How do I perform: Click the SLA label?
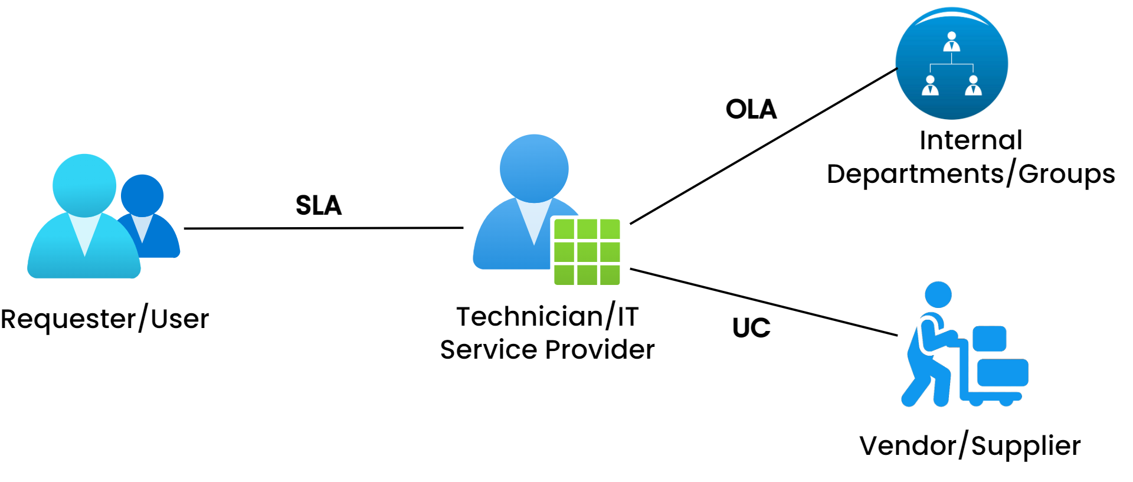pyautogui.click(x=319, y=205)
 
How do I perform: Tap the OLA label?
pyautogui.click(x=751, y=109)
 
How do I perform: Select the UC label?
pyautogui.click(x=751, y=328)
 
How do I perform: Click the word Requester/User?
pyautogui.click(x=104, y=319)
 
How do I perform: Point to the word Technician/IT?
pyautogui.click(x=547, y=317)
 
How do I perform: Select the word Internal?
pyautogui.click(x=971, y=140)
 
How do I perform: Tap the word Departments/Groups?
pyautogui.click(x=971, y=174)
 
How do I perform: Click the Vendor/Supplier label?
pyautogui.click(x=970, y=446)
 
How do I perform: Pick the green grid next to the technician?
pyautogui.click(x=587, y=252)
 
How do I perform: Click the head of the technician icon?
pyautogui.click(x=534, y=168)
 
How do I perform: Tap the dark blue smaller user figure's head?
pyautogui.click(x=142, y=195)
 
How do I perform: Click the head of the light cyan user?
pyautogui.click(x=84, y=185)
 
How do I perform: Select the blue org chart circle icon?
pyautogui.click(x=951, y=63)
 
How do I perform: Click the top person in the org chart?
pyautogui.click(x=951, y=42)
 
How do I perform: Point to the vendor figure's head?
pyautogui.click(x=938, y=294)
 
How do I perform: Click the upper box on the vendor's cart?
pyautogui.click(x=989, y=338)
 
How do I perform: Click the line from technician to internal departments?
pyautogui.click(x=764, y=146)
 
